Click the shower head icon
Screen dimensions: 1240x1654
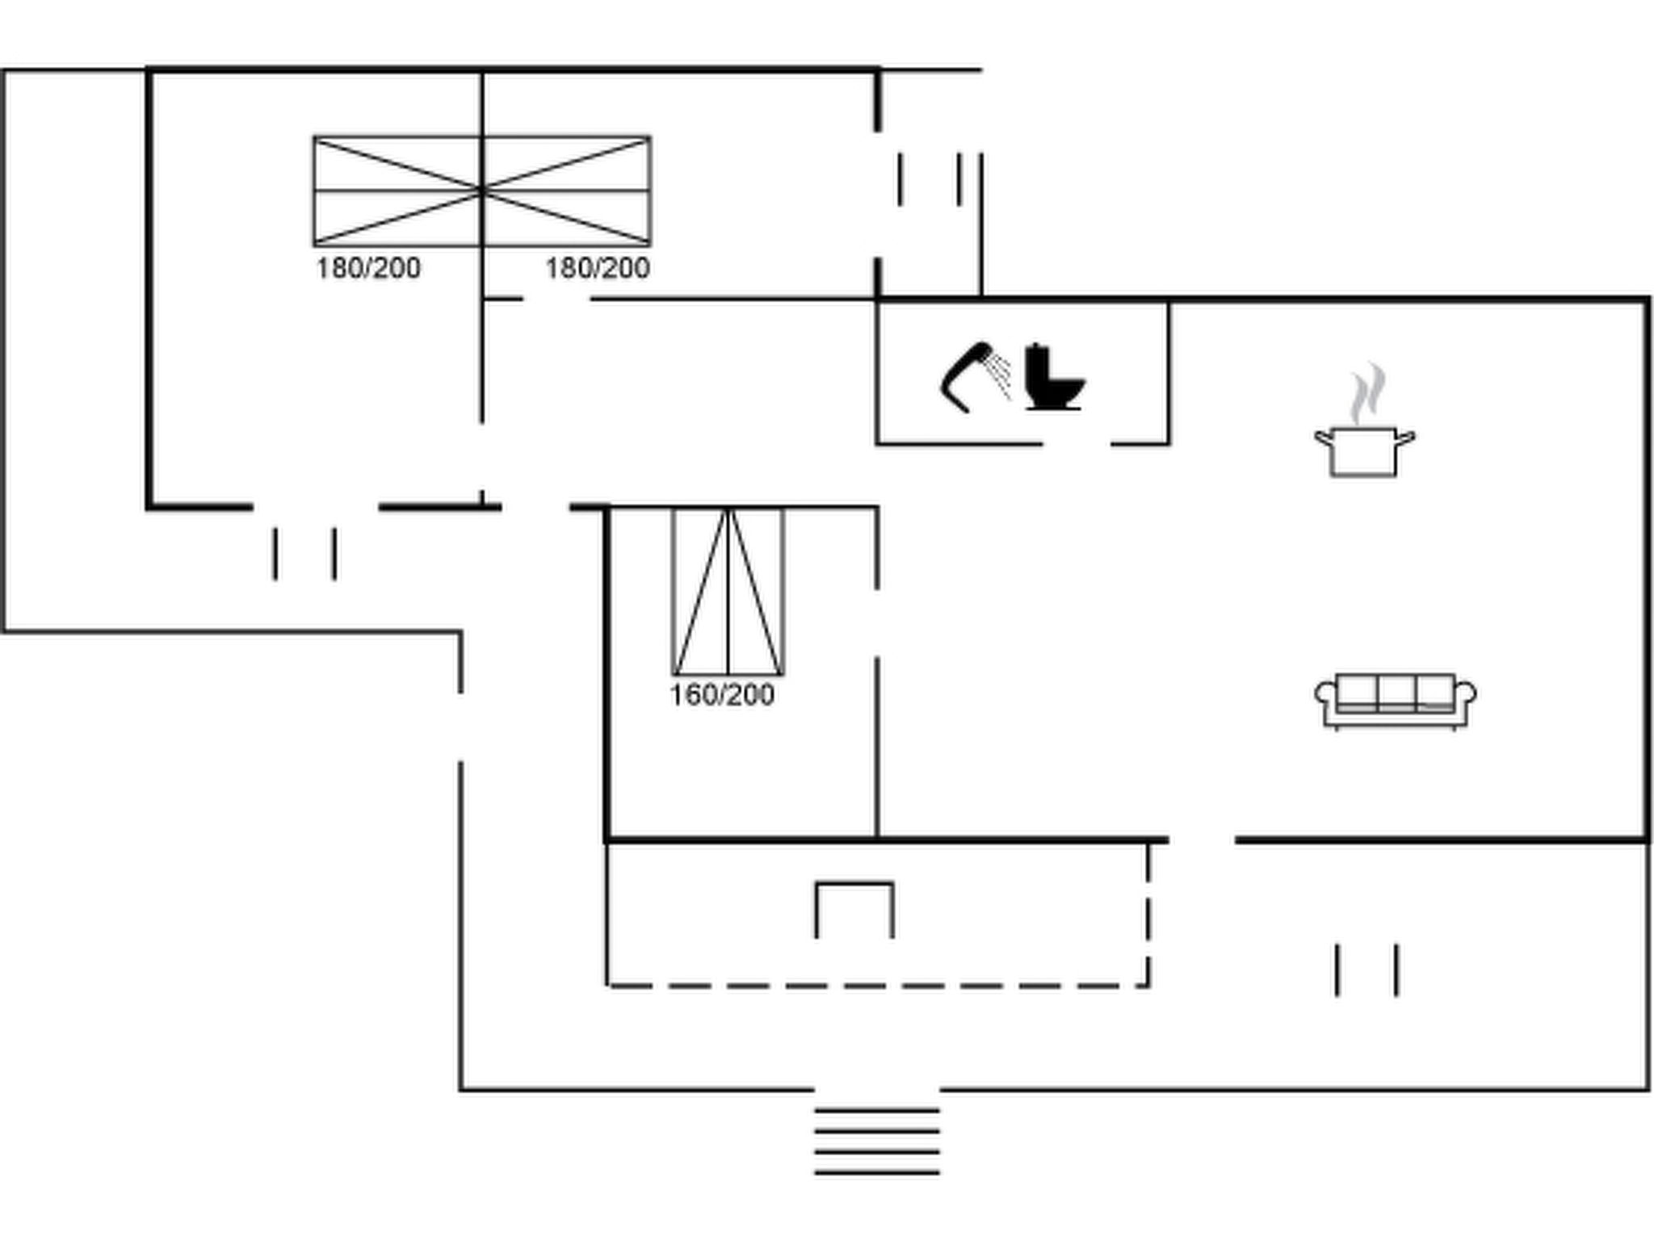click(x=967, y=376)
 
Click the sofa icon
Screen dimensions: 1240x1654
click(x=1396, y=701)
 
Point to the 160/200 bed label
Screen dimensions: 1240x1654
click(x=722, y=695)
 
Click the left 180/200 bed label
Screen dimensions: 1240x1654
click(x=368, y=268)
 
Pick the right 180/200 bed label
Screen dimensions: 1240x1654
click(x=598, y=268)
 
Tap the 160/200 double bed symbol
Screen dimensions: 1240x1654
click(x=728, y=592)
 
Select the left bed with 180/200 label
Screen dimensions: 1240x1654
click(x=397, y=191)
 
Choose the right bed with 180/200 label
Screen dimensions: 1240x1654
click(x=567, y=191)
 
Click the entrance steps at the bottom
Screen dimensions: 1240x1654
click(x=877, y=1141)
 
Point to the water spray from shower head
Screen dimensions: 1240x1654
click(x=1001, y=375)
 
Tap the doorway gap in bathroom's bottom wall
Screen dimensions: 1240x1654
click(x=1077, y=443)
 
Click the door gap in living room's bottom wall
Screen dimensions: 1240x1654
click(x=1202, y=840)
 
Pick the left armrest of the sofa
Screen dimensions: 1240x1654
click(x=1324, y=693)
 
